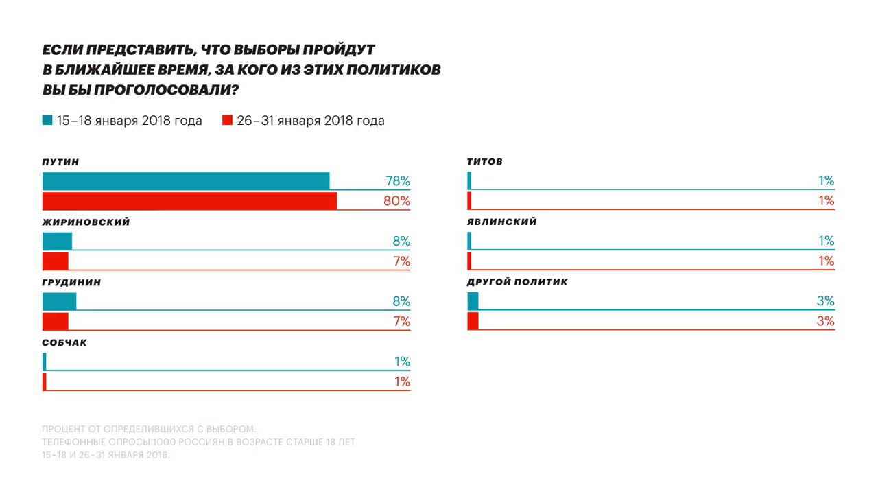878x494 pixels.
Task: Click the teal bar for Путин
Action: click(186, 181)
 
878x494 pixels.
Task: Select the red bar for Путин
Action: click(189, 201)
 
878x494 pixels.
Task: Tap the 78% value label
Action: click(398, 181)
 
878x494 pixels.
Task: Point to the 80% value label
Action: click(398, 201)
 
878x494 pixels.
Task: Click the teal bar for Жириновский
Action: click(57, 242)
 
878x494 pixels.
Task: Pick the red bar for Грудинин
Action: click(56, 322)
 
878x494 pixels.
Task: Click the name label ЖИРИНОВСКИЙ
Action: click(86, 222)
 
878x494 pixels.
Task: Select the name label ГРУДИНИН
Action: click(71, 283)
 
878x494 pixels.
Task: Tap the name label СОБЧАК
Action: click(64, 343)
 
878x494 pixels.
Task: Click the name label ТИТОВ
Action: click(484, 162)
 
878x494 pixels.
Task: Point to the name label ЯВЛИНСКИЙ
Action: click(501, 222)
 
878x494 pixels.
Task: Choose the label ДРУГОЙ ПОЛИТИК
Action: click(517, 282)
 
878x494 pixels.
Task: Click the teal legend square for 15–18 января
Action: click(47, 120)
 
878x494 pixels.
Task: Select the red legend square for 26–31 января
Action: click(228, 120)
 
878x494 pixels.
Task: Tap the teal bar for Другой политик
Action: click(473, 301)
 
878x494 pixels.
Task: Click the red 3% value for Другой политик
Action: click(825, 321)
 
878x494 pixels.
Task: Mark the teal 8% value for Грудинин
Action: click(401, 301)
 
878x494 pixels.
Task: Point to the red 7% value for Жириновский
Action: click(401, 261)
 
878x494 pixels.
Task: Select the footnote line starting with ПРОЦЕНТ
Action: click(149, 430)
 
